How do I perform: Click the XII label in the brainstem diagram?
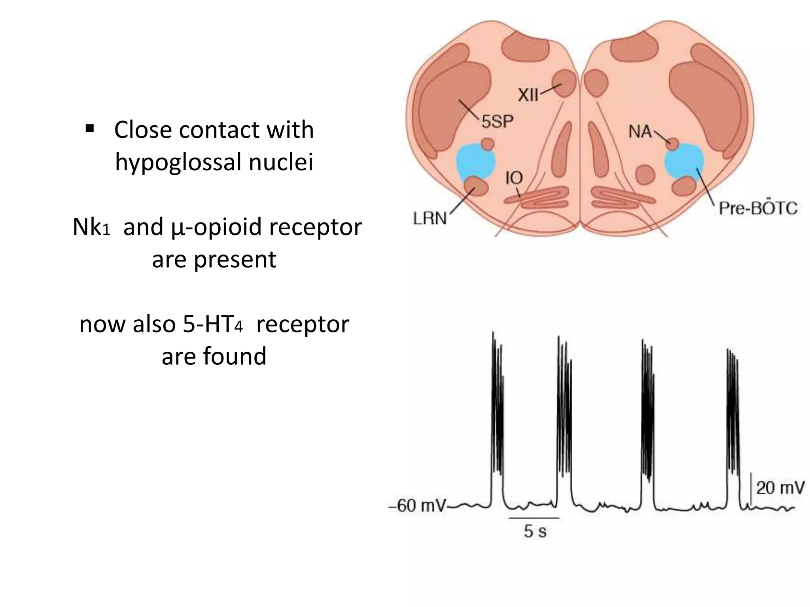528,95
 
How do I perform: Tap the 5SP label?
497,121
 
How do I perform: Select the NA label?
640,132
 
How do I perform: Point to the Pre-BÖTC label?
757,208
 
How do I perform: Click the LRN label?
430,218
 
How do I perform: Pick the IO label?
514,178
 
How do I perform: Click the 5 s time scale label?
535,532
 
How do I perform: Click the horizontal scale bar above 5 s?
534,518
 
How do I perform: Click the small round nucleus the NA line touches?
672,144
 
